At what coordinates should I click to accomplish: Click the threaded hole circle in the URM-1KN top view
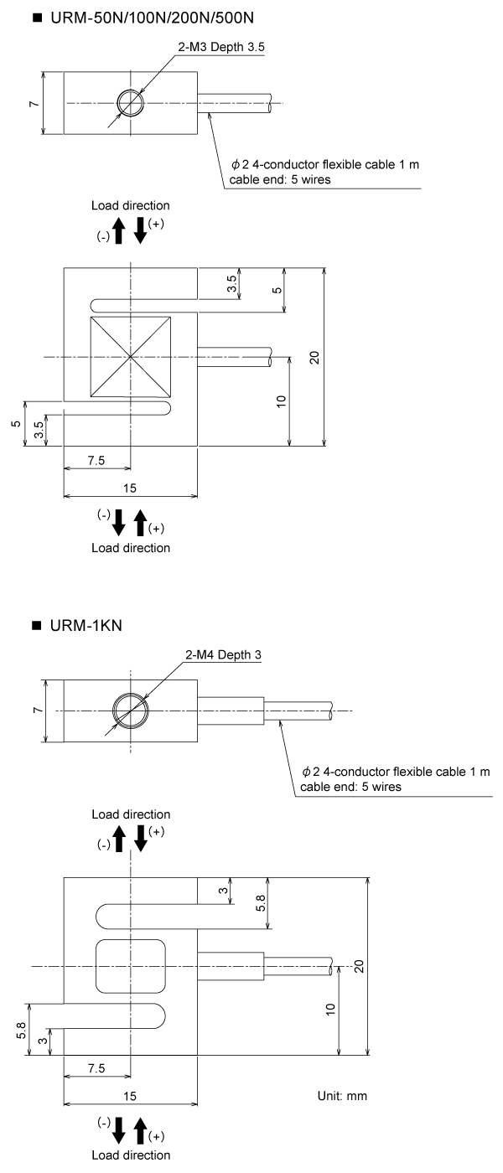(131, 711)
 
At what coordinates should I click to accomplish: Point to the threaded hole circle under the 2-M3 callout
(131, 103)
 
